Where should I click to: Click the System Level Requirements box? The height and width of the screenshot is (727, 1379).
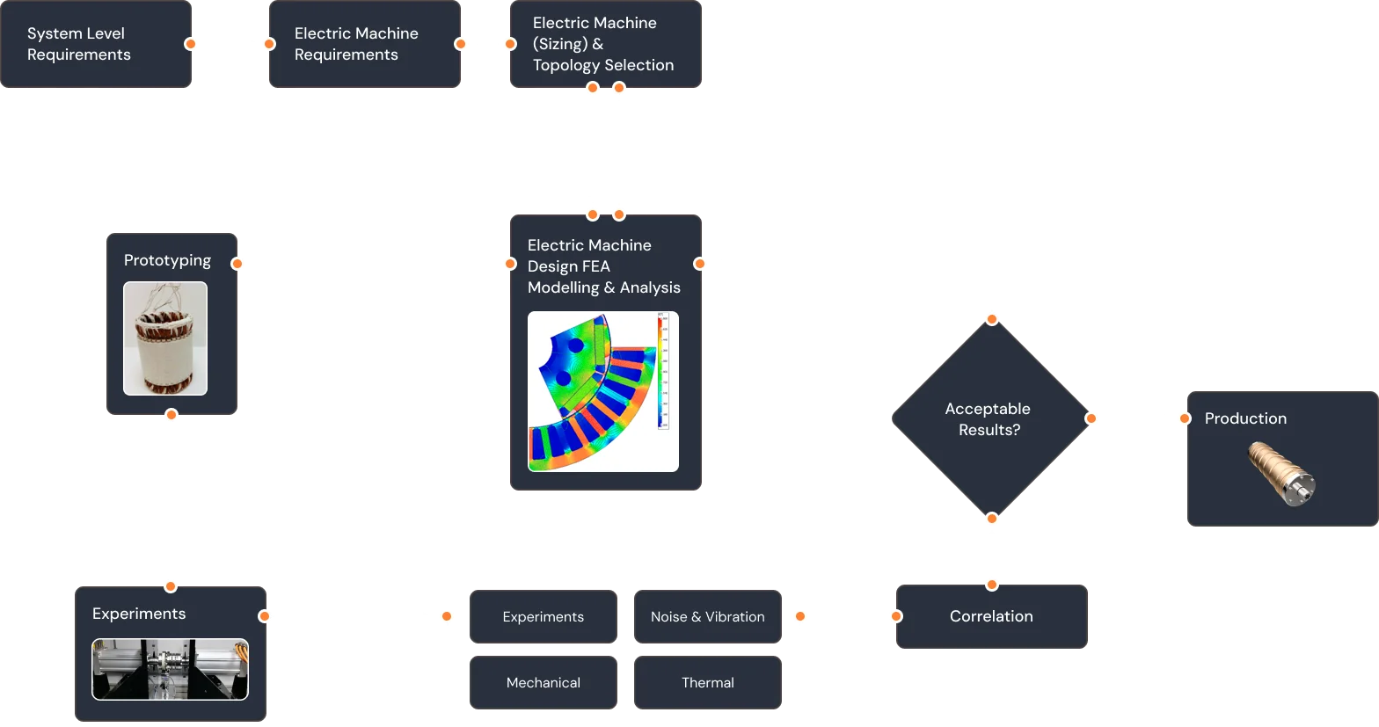(96, 44)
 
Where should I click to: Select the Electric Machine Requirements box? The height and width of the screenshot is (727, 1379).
(364, 44)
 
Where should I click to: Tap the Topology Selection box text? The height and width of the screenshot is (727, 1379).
(603, 44)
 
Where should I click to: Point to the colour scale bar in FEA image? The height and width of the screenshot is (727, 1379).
(663, 372)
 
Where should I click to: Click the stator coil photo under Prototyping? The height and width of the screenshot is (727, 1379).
(165, 338)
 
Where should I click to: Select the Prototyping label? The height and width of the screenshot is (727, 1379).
(167, 260)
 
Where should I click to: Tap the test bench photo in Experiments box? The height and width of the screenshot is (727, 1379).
(170, 669)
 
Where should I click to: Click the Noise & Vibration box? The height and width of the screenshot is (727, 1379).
(707, 616)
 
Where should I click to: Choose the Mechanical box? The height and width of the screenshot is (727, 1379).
(543, 682)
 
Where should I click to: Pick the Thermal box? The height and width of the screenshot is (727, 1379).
(707, 682)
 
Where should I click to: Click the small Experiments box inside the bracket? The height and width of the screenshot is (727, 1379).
(543, 616)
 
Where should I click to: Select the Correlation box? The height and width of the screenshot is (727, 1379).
(991, 617)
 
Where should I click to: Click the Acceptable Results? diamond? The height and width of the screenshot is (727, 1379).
(989, 419)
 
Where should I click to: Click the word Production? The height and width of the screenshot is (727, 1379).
(1245, 418)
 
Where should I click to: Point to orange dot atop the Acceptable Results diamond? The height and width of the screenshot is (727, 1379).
(992, 319)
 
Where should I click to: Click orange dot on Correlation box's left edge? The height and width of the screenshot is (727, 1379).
(896, 616)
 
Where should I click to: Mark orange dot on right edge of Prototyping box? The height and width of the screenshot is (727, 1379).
(237, 263)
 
